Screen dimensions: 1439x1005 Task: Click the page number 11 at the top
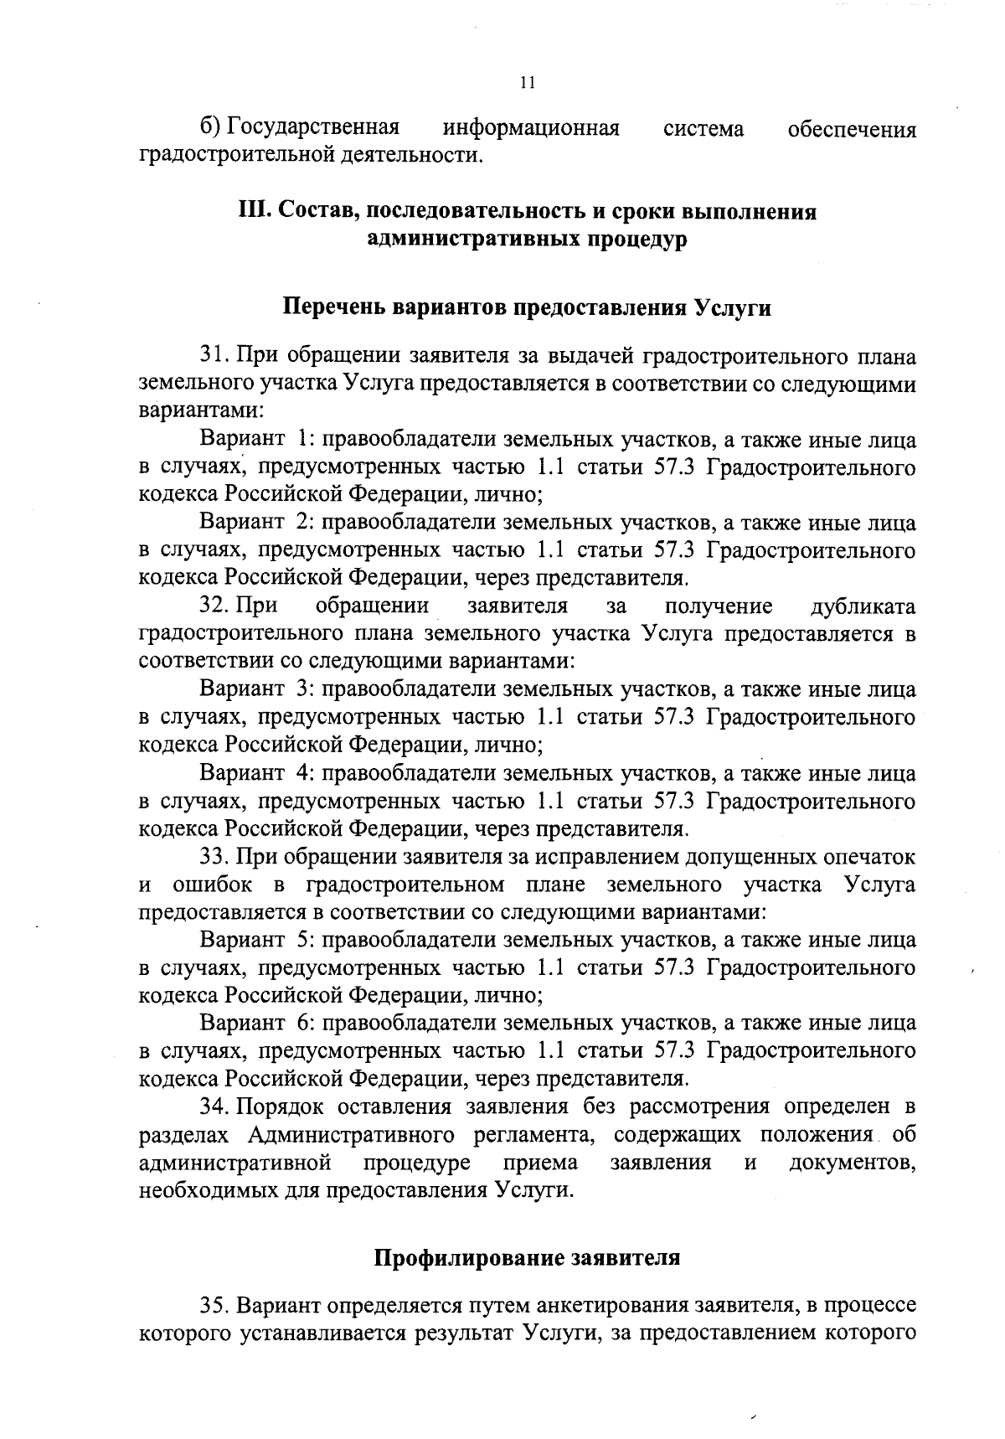tap(527, 82)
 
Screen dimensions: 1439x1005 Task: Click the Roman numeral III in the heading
tap(254, 212)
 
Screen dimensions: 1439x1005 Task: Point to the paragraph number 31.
tap(214, 356)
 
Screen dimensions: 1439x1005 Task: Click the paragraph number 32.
tap(214, 606)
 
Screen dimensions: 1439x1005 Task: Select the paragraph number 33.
tap(214, 857)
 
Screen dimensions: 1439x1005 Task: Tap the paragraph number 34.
tap(214, 1107)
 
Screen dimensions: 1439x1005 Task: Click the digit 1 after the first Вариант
tap(305, 440)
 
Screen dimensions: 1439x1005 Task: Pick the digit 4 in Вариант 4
tap(305, 773)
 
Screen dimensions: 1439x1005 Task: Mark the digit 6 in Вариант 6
tap(305, 1024)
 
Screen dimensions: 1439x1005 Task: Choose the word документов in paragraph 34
tap(852, 1163)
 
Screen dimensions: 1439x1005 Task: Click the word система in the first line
tap(703, 128)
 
